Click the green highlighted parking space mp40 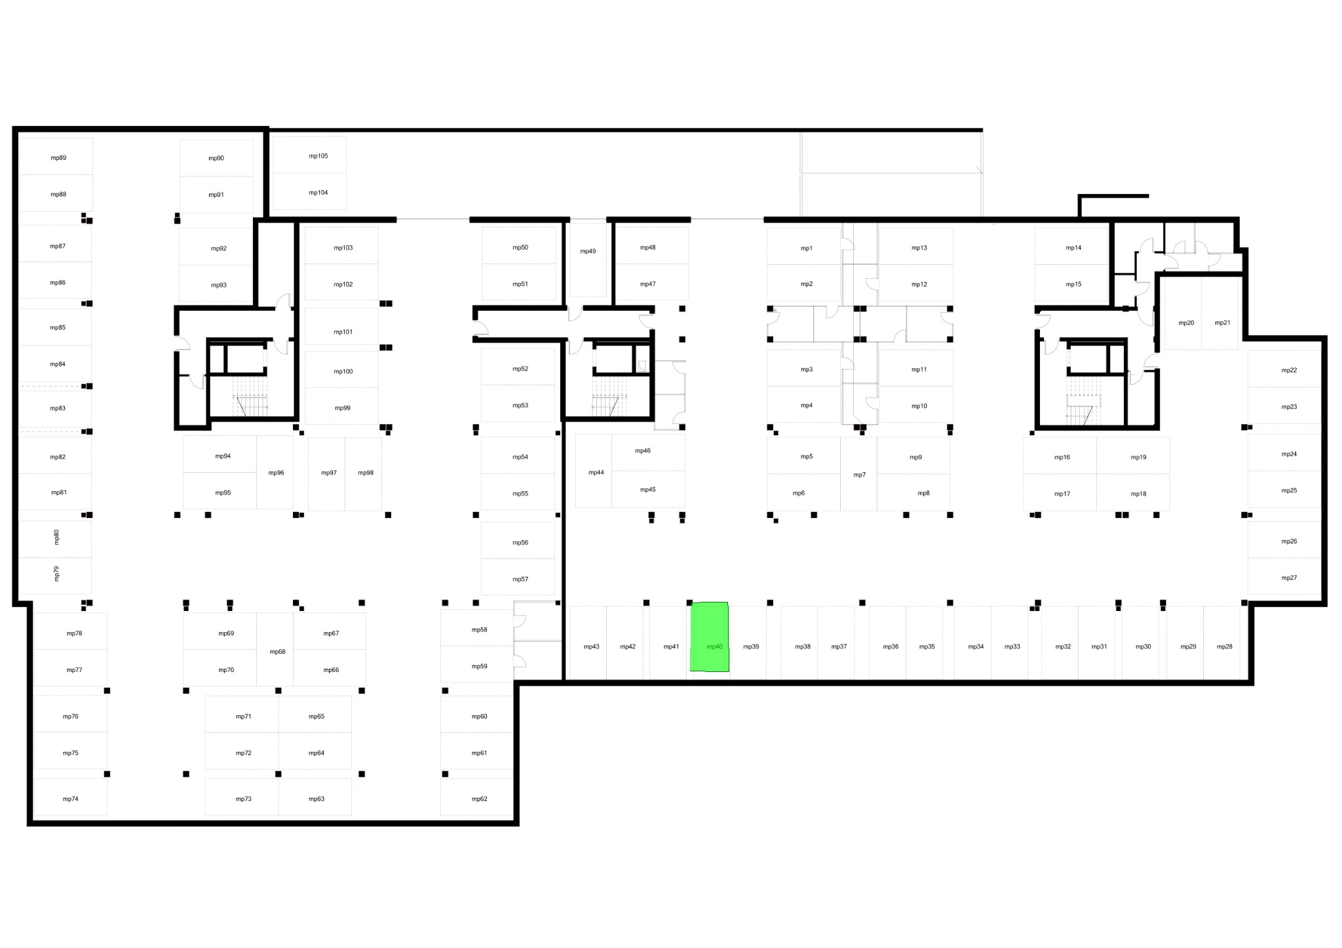pos(709,637)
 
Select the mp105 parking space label pos(318,156)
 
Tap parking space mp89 pos(56,156)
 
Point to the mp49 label pos(588,251)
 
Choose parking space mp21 pos(1220,313)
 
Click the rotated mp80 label pos(56,538)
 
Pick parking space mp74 pos(70,797)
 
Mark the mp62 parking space pos(476,797)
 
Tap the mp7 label pos(859,475)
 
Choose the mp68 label pos(278,652)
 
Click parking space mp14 pos(1072,246)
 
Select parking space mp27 pos(1284,576)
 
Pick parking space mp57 pos(518,577)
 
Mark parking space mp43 pos(588,642)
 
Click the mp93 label pos(219,285)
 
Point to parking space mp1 pos(804,246)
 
